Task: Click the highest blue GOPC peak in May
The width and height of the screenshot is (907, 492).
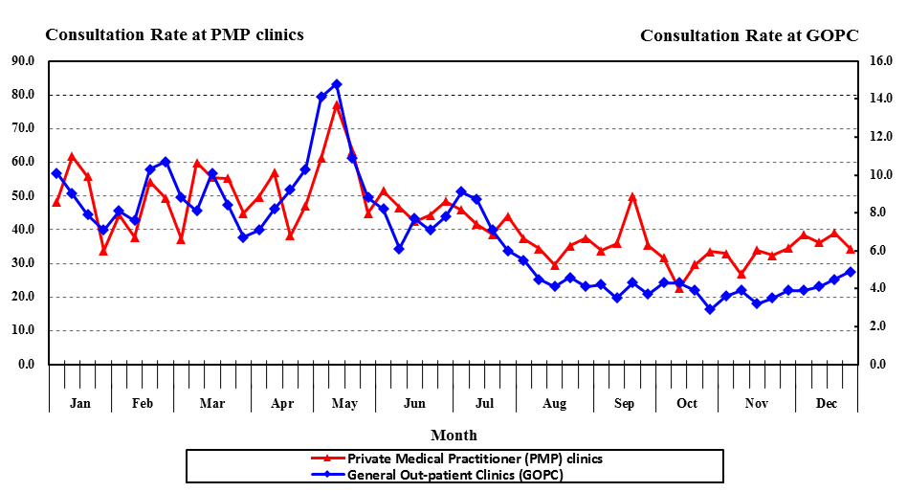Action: (x=337, y=84)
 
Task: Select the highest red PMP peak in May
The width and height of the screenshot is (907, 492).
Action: (x=337, y=104)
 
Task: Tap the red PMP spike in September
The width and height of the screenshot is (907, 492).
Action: (x=632, y=196)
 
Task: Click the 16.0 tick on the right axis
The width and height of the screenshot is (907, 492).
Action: (x=881, y=60)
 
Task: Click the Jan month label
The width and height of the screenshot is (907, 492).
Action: (x=80, y=403)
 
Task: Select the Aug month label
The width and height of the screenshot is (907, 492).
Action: (x=555, y=403)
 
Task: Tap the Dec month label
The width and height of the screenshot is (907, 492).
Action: (x=827, y=403)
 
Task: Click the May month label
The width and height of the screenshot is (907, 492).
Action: (x=344, y=403)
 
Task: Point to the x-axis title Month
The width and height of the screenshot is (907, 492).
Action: (x=453, y=435)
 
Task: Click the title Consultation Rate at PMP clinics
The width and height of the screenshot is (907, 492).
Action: (x=174, y=34)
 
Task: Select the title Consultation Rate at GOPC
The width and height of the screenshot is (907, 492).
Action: (x=749, y=35)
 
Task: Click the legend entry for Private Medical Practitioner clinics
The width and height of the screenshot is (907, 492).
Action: (x=475, y=458)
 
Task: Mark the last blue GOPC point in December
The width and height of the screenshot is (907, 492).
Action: (x=851, y=272)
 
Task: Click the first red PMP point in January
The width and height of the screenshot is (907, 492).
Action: (x=56, y=202)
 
